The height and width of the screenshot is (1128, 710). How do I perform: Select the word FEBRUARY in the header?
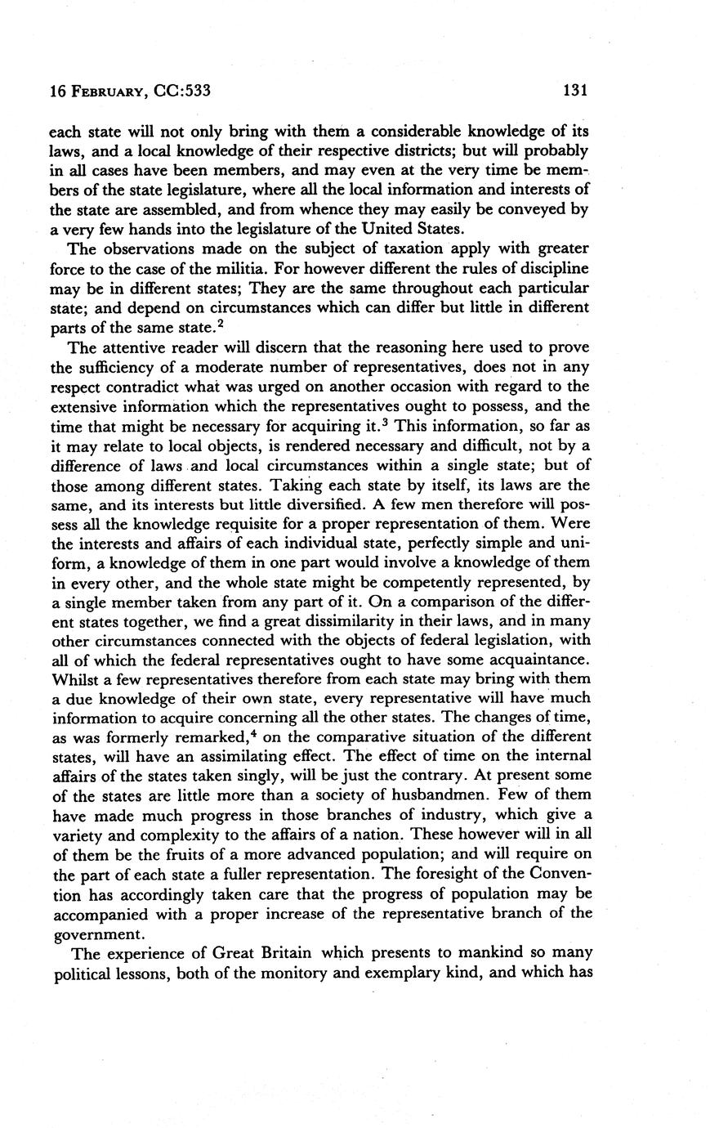click(x=107, y=92)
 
